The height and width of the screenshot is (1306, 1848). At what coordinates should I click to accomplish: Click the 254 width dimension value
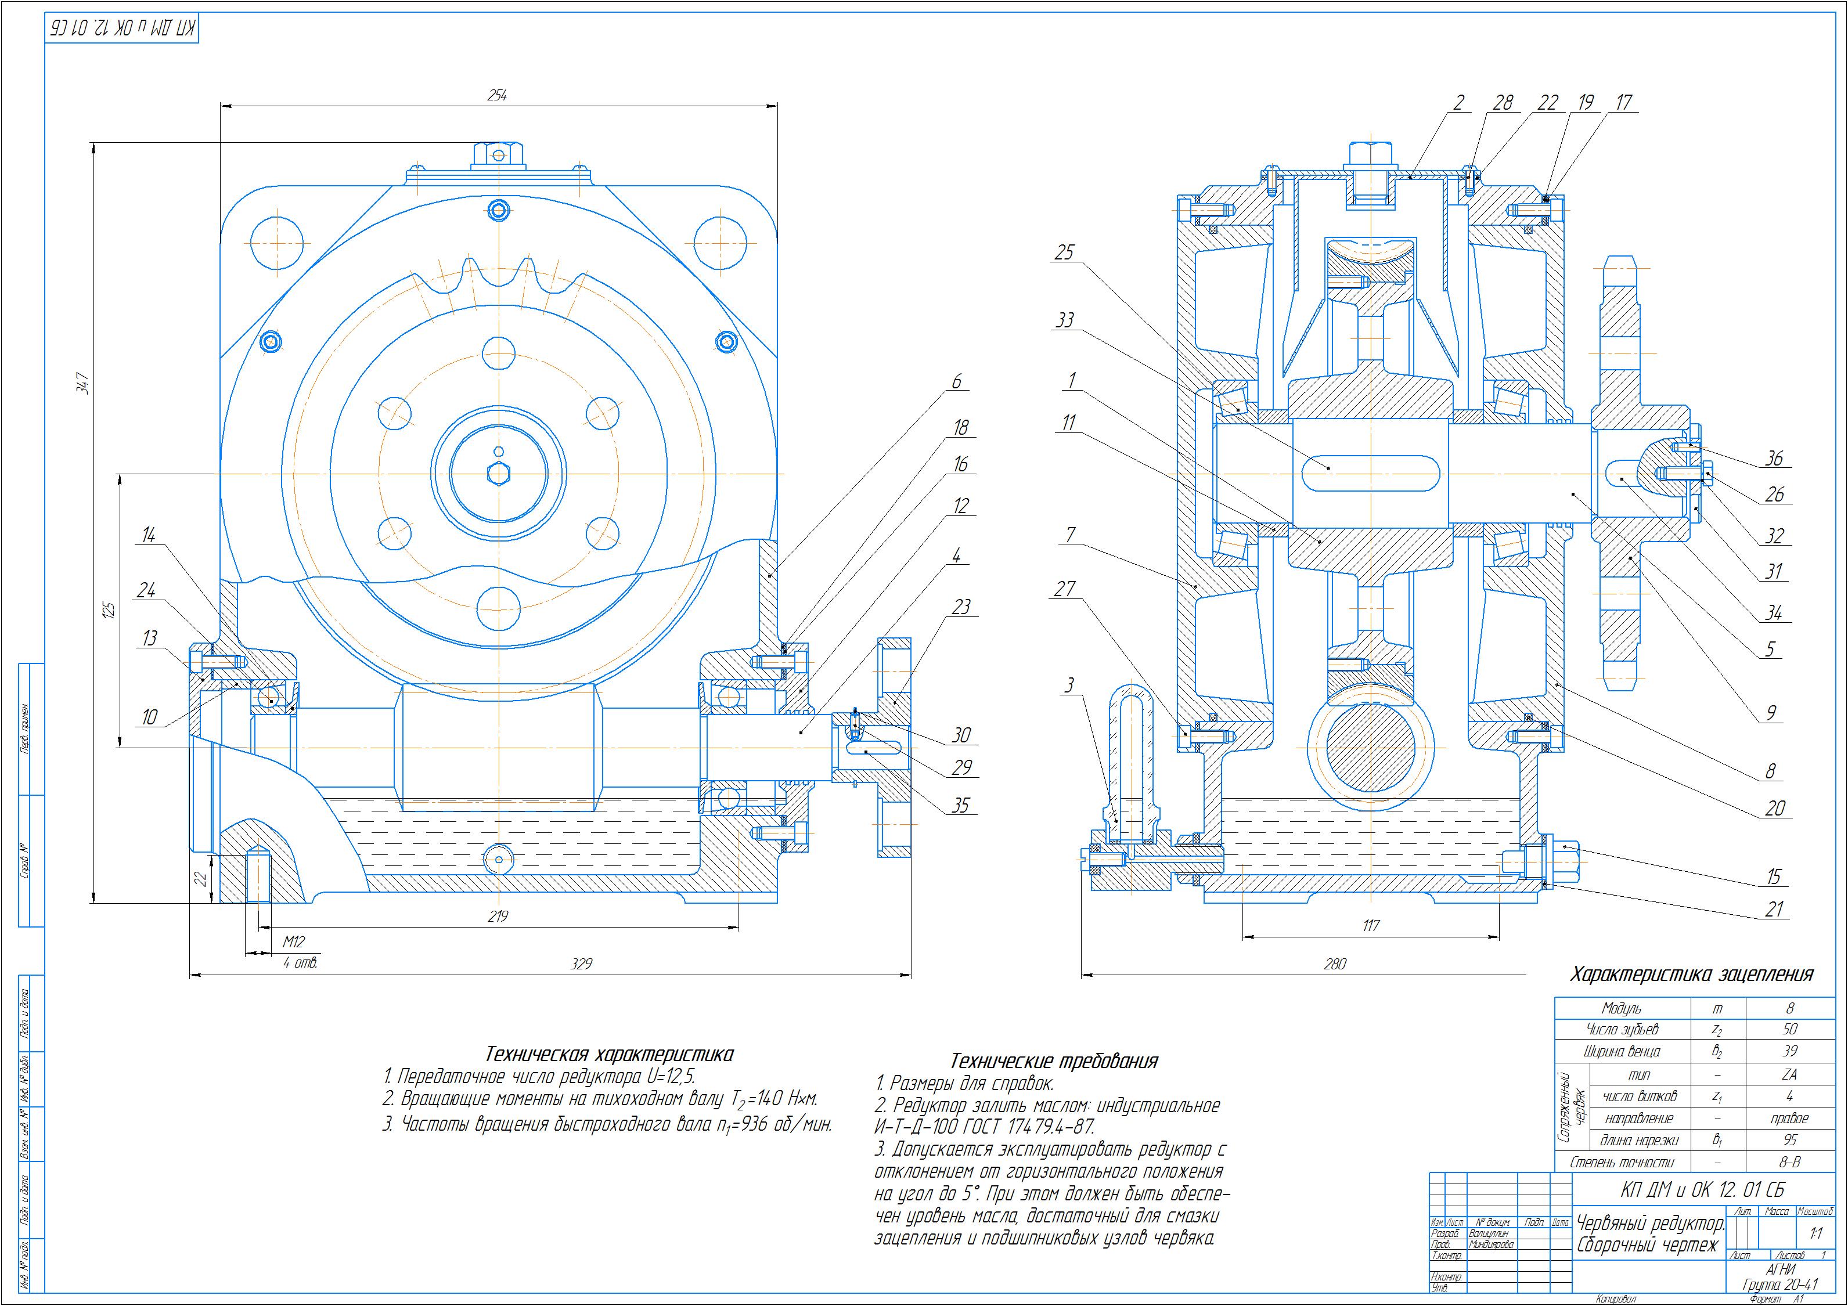(498, 95)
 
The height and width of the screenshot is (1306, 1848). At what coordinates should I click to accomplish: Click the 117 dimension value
(1370, 925)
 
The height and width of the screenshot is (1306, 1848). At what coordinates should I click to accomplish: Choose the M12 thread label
(294, 941)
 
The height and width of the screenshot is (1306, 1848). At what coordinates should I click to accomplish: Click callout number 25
(1064, 252)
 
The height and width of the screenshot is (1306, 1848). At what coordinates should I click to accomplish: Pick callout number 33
(1064, 320)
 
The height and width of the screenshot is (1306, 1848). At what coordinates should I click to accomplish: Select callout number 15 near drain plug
(1774, 877)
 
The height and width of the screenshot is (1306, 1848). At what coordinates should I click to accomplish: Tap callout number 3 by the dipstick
(1069, 686)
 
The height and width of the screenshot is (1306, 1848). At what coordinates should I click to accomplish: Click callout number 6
(956, 383)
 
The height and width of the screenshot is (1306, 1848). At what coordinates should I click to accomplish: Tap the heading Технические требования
(1054, 1060)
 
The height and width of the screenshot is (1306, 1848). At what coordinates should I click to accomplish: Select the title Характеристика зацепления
(1692, 975)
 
